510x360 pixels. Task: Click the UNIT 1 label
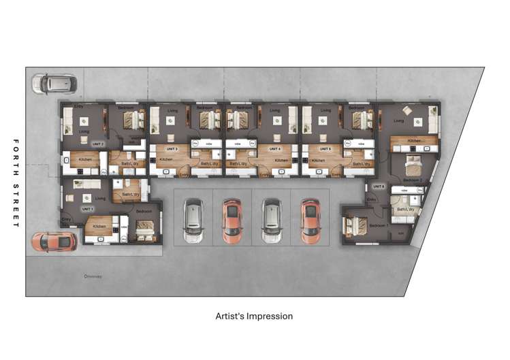(87, 209)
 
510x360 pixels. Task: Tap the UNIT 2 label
(97, 144)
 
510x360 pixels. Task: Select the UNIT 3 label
(171, 148)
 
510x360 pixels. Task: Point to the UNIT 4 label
(274, 148)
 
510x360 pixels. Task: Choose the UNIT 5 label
(325, 148)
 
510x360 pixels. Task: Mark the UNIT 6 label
(379, 186)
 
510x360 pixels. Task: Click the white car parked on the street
(54, 84)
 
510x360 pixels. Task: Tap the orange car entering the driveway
(54, 241)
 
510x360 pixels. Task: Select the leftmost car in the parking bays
(193, 220)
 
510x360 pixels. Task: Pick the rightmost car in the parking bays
(310, 220)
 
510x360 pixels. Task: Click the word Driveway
(93, 276)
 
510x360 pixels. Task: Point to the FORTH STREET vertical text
(16, 183)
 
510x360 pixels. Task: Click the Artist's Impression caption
(254, 316)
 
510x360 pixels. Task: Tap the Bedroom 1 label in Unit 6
(378, 225)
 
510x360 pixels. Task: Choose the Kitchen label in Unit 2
(85, 160)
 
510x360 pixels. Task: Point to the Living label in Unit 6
(399, 121)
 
